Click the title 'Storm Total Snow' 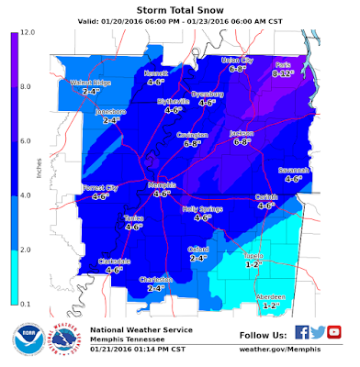pos(179,11)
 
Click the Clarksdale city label pos(114,261)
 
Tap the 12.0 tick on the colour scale pos(28,32)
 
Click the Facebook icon pos(301,332)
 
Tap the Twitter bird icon pos(317,332)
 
